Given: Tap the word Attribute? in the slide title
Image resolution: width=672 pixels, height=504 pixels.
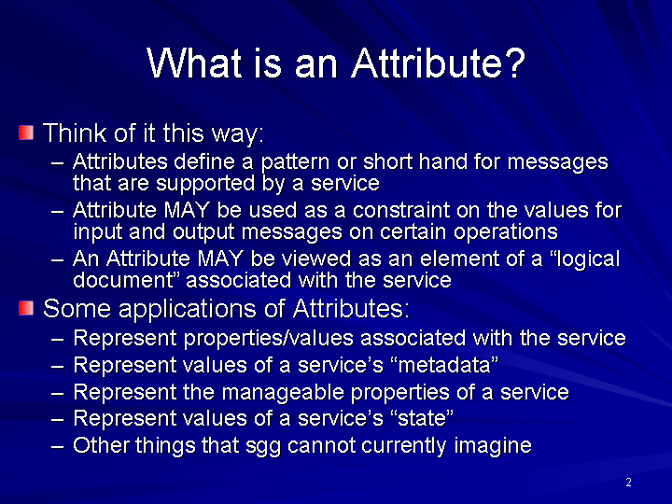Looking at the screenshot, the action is click(x=439, y=63).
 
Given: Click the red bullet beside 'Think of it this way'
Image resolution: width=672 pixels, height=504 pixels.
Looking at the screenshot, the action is click(x=26, y=133).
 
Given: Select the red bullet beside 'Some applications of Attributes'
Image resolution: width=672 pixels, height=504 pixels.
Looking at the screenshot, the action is click(x=26, y=308).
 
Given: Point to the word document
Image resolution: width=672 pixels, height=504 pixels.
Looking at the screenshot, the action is click(x=127, y=280).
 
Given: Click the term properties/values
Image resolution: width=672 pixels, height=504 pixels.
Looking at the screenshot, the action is click(x=269, y=339).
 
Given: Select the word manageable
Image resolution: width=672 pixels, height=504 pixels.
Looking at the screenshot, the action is click(x=283, y=393).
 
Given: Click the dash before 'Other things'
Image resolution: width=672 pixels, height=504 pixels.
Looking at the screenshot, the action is click(x=58, y=446).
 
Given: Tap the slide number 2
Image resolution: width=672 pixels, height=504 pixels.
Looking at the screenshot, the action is click(x=628, y=483).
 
